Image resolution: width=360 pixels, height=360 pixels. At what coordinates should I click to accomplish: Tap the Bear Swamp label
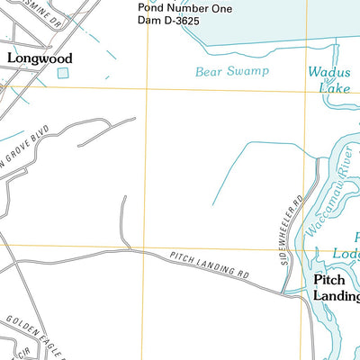click(232, 70)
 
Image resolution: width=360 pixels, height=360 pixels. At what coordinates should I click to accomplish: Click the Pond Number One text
click(184, 7)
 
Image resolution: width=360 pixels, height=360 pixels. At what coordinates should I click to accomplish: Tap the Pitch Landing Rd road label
click(210, 267)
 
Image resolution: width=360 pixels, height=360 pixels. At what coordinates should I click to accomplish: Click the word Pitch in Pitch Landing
click(328, 280)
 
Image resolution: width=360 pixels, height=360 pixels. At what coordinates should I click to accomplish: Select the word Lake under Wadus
click(333, 87)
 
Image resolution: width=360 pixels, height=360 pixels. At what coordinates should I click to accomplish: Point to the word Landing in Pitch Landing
click(336, 296)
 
